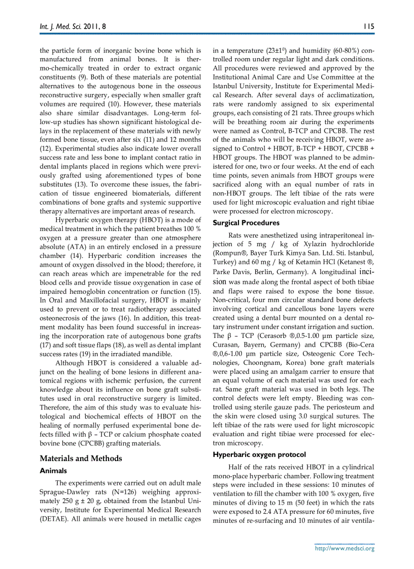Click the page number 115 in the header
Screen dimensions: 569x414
[x=368, y=25]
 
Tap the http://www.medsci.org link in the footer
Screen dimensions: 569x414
[x=344, y=548]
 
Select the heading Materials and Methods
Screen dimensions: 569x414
[x=81, y=459]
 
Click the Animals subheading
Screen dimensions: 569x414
[x=53, y=471]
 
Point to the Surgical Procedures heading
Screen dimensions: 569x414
[x=246, y=223]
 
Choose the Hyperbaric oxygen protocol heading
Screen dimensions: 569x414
[x=259, y=454]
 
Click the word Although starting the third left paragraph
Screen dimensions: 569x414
[x=73, y=363]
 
